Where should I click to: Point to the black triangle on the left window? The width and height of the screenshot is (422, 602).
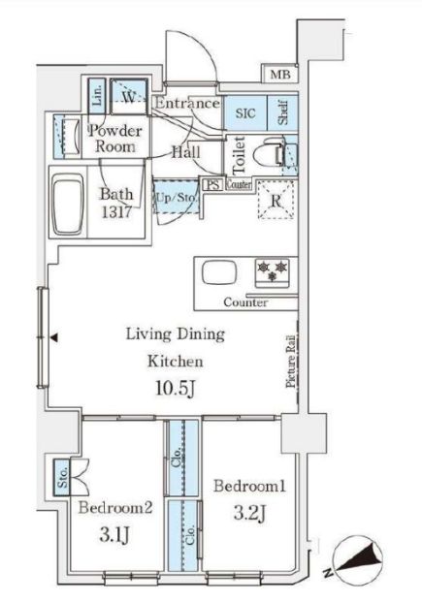coord(54,337)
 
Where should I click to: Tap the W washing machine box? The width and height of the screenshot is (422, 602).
coord(129,97)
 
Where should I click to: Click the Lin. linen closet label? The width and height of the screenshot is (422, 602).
coord(98,97)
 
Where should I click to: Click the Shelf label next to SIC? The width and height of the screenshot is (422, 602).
coord(283,112)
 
